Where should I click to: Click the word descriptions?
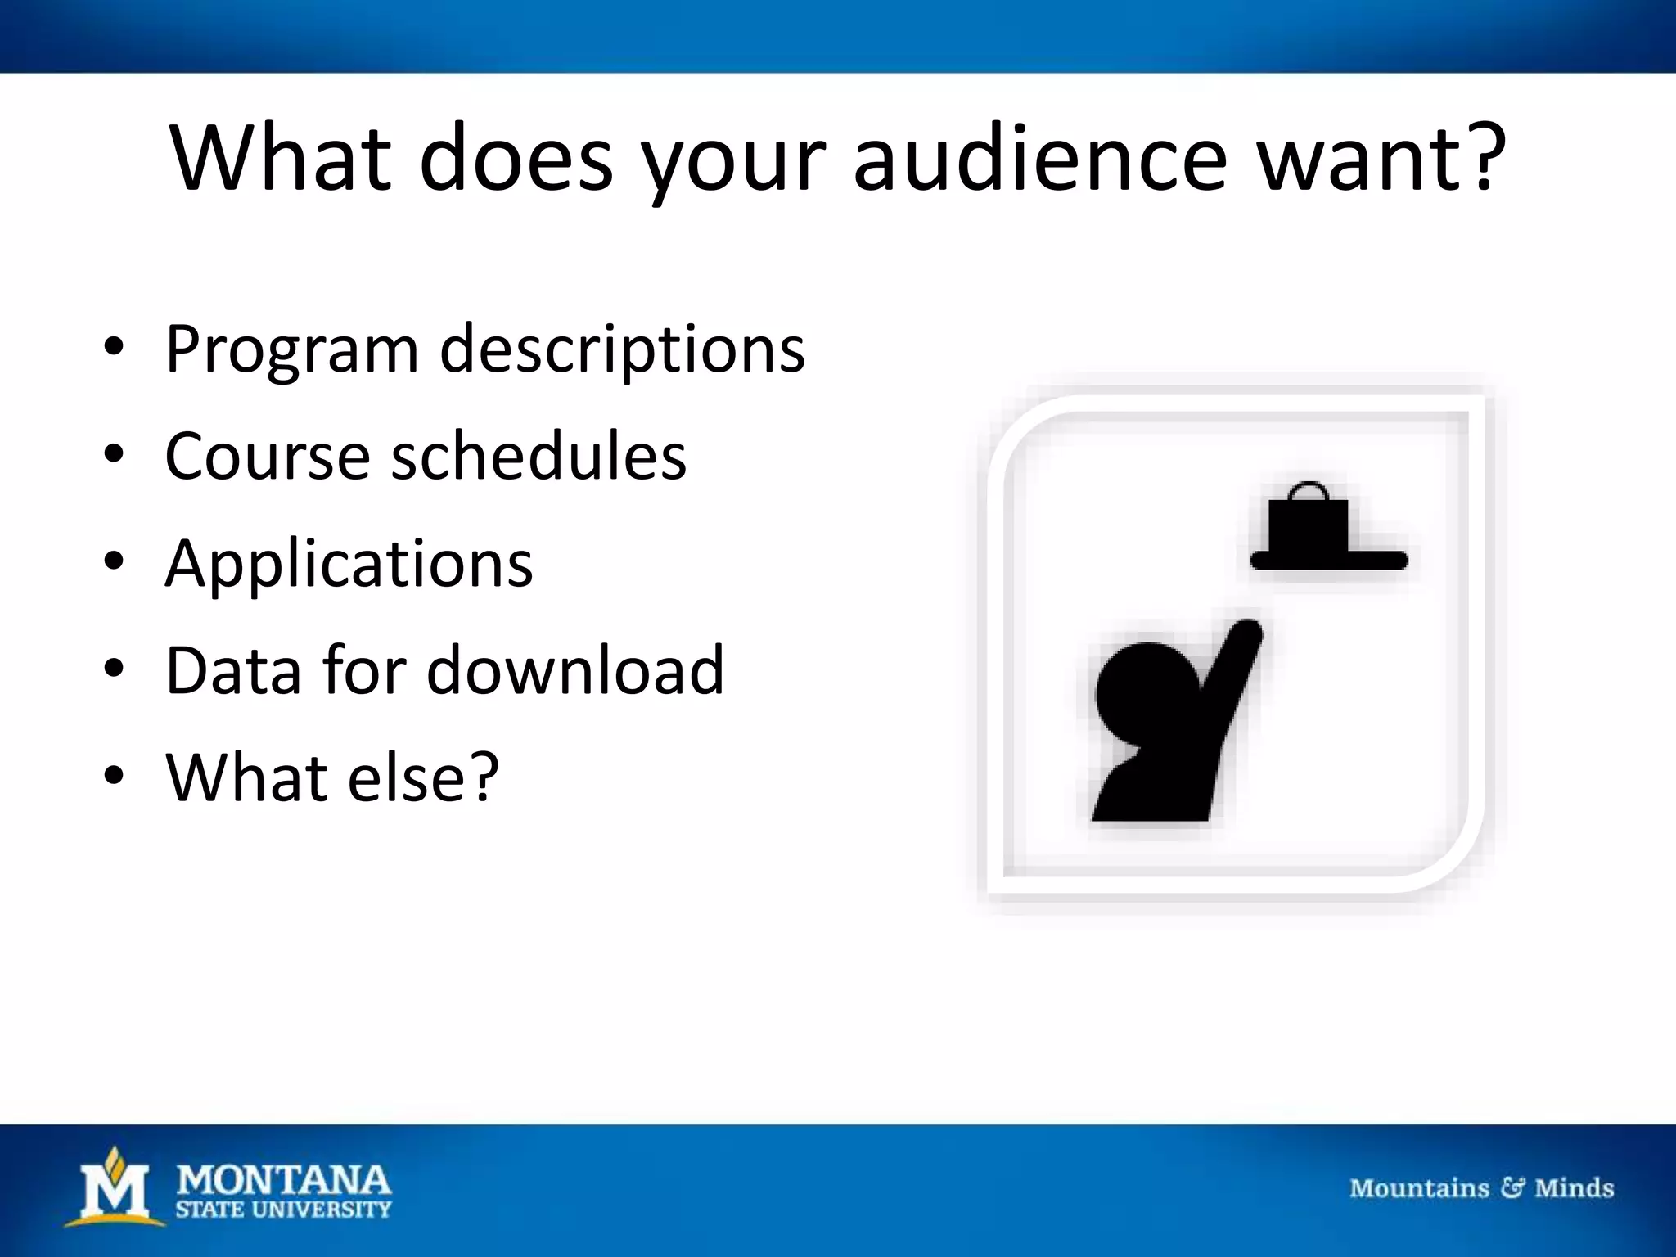click(622, 349)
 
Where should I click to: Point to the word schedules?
click(538, 456)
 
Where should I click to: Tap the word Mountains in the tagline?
click(1419, 1187)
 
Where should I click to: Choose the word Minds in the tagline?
click(1574, 1187)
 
